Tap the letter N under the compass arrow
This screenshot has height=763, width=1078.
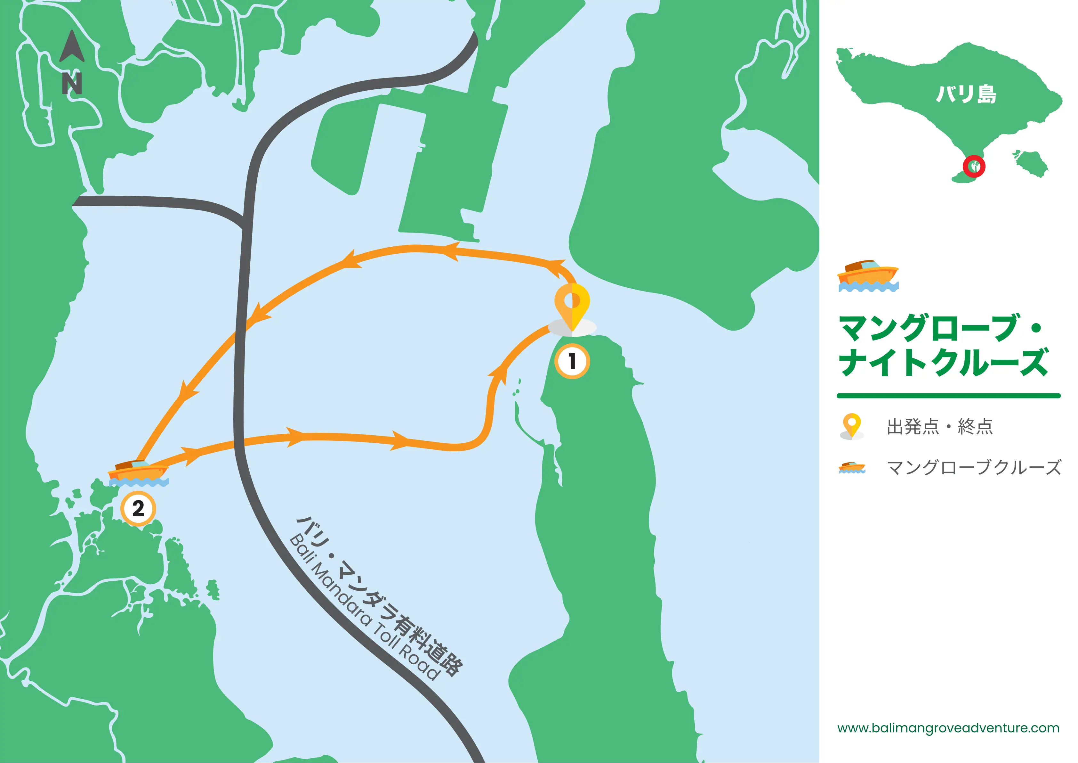pyautogui.click(x=72, y=84)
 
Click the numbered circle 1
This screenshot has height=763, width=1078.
pyautogui.click(x=572, y=361)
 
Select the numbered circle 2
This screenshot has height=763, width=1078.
pyautogui.click(x=138, y=508)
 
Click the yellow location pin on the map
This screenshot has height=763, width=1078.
pyautogui.click(x=572, y=305)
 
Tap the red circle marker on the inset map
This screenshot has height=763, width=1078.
pyautogui.click(x=974, y=166)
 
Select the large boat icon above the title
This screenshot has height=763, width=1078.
pyautogui.click(x=868, y=276)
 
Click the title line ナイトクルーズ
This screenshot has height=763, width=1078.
pyautogui.click(x=943, y=362)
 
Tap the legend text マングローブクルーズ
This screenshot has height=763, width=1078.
pyautogui.click(x=974, y=467)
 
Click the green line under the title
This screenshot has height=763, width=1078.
pyautogui.click(x=948, y=396)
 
